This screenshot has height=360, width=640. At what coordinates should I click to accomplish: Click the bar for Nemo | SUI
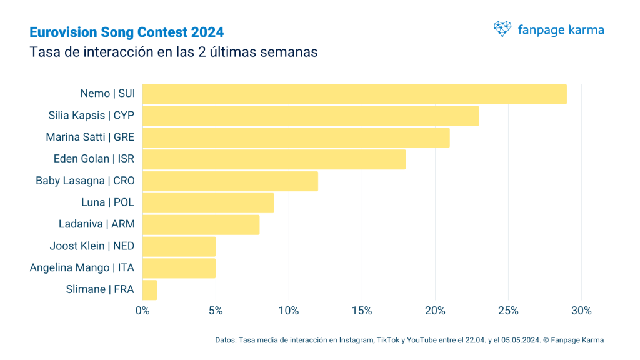[354, 94]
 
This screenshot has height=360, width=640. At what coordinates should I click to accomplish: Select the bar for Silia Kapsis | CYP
[311, 116]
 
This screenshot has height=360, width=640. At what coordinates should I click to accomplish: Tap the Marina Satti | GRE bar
[296, 137]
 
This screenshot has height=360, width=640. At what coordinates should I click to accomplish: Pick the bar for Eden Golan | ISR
[274, 159]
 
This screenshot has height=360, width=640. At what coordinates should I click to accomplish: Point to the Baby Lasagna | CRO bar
[230, 181]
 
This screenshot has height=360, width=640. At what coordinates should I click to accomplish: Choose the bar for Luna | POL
[208, 202]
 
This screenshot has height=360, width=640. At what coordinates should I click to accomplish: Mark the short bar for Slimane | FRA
[150, 290]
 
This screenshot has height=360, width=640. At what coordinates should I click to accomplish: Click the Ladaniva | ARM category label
[97, 224]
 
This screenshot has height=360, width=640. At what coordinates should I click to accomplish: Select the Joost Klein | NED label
[92, 246]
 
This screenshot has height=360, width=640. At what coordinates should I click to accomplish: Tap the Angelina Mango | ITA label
[82, 268]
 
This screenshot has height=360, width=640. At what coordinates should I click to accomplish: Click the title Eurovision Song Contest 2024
[127, 32]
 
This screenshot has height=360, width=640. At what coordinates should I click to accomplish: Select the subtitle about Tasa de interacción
[174, 52]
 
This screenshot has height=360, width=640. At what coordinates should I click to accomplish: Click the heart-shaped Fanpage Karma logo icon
[502, 29]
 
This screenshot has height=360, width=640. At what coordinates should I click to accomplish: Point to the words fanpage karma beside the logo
[561, 29]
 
